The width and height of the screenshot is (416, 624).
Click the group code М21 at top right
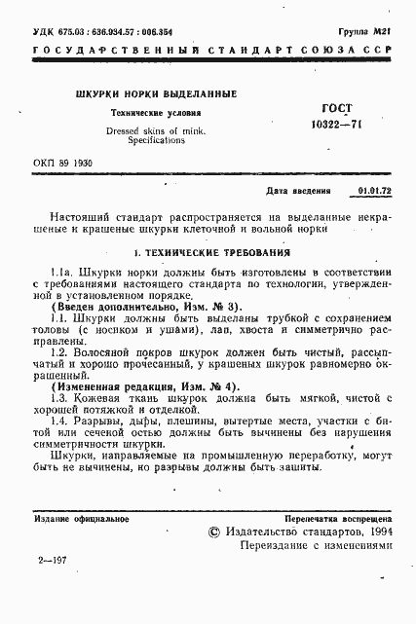pyautogui.click(x=380, y=18)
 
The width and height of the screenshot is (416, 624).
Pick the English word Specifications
pyautogui.click(x=150, y=140)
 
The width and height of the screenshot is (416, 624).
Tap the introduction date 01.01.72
pyautogui.click(x=375, y=193)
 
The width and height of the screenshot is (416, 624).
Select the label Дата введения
pyautogui.click(x=298, y=193)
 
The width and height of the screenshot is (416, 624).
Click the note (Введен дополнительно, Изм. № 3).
pyautogui.click(x=143, y=306)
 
